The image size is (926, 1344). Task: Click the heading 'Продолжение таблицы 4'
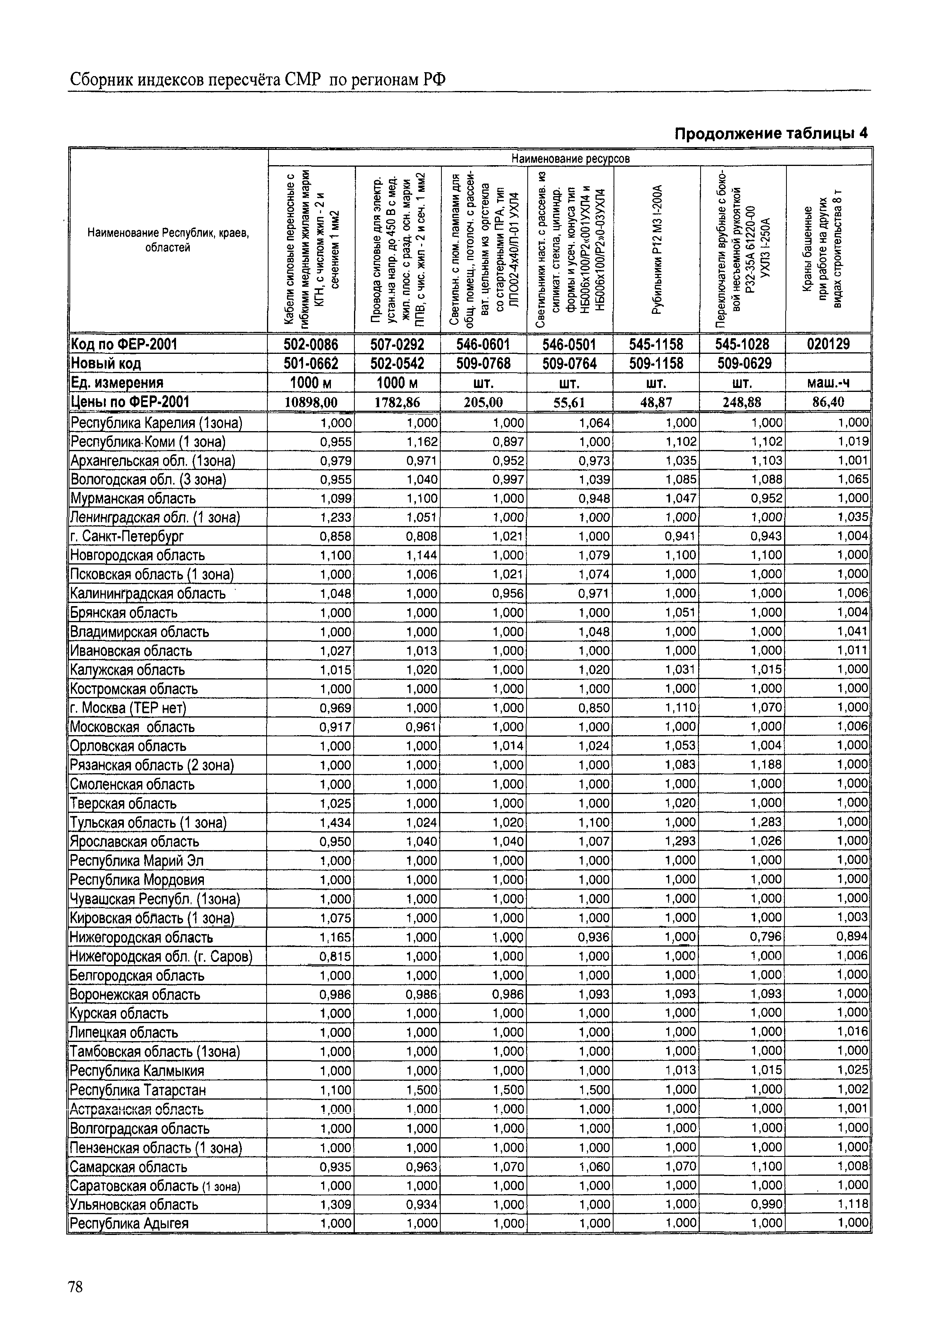(771, 133)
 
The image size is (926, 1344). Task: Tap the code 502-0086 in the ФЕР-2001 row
(310, 344)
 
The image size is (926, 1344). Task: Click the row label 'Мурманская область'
(133, 498)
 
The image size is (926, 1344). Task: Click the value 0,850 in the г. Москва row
(595, 708)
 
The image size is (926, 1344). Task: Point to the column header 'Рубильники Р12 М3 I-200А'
(657, 249)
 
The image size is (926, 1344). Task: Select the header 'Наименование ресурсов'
(570, 158)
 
